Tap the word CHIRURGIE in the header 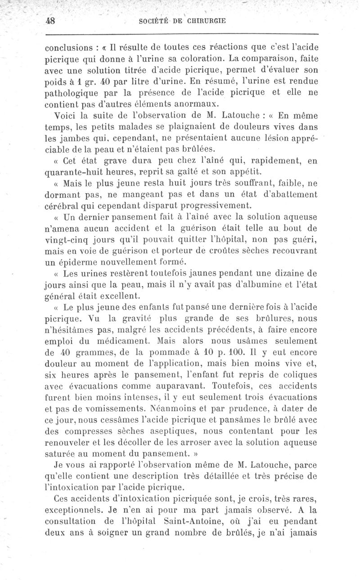pyautogui.click(x=202, y=21)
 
